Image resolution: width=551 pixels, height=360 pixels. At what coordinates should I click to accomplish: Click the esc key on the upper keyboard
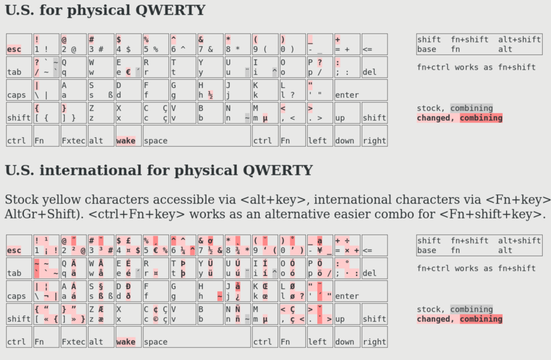click(x=19, y=44)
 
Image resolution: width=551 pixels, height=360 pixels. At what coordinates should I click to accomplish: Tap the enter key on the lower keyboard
click(x=360, y=291)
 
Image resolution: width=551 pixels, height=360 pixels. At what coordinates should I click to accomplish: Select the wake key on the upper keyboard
click(x=128, y=136)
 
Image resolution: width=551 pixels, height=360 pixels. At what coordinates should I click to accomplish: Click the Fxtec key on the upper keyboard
click(x=73, y=136)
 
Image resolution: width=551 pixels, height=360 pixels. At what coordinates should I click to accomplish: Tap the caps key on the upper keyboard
click(x=19, y=90)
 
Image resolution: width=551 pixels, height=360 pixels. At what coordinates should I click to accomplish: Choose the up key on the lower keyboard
click(x=347, y=314)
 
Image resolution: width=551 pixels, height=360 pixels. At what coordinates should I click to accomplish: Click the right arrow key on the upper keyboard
click(x=374, y=136)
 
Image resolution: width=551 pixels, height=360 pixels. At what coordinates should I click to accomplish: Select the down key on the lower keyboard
click(x=347, y=337)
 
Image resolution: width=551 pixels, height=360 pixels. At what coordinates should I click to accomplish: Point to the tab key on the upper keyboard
click(x=19, y=67)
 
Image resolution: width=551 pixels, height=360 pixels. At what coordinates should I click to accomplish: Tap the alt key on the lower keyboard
click(x=100, y=337)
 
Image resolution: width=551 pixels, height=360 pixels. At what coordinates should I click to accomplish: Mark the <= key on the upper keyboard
click(x=374, y=44)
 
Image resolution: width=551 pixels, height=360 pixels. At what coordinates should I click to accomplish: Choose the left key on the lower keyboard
click(x=320, y=337)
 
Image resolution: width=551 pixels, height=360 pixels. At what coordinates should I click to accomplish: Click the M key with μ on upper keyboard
click(x=264, y=113)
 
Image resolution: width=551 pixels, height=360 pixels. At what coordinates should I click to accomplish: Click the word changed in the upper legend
click(x=436, y=118)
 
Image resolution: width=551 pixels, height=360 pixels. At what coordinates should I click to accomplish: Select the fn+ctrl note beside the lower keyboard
click(x=477, y=268)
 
